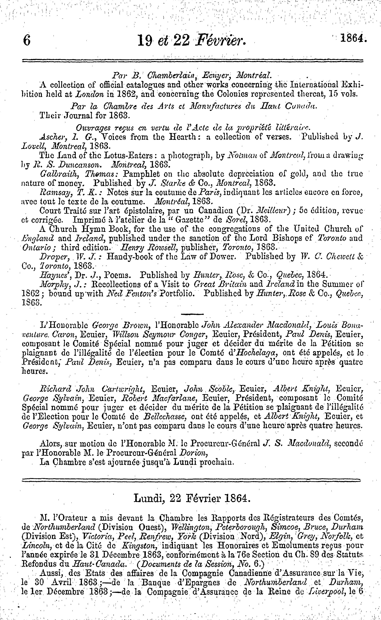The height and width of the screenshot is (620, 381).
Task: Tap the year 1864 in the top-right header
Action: [352, 39]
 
